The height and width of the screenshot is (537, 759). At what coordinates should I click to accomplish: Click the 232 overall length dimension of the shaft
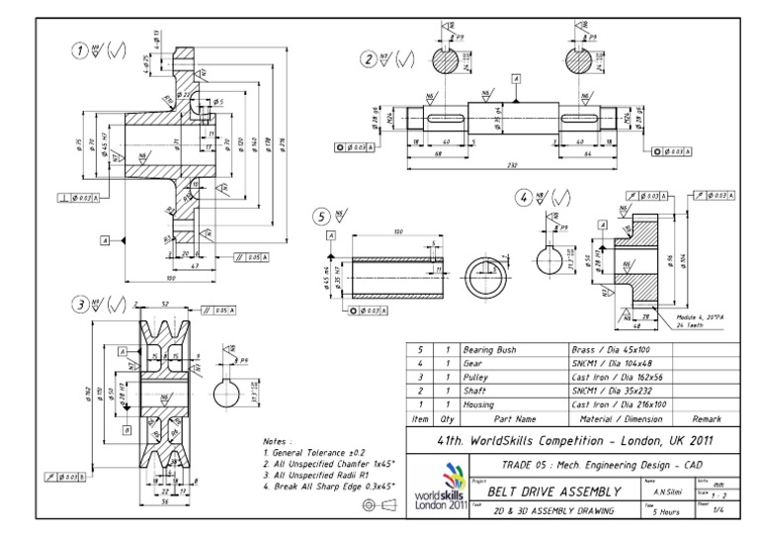(513, 164)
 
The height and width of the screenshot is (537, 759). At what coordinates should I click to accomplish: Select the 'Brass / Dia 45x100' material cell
(607, 350)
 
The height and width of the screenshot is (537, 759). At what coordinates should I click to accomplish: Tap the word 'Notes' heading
(268, 442)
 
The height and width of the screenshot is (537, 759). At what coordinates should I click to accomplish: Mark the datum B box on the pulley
(127, 430)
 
